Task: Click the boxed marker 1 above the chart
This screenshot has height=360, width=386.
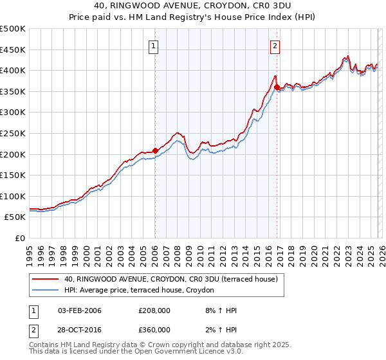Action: pos(154,46)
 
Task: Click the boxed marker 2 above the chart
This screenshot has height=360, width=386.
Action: pos(275,46)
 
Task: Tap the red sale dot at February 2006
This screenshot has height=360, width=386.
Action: pos(155,150)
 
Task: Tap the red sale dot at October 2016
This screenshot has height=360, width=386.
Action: pos(277,87)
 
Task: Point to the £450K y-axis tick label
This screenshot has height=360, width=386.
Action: pos(13,50)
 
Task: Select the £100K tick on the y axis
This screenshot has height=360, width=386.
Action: pos(13,196)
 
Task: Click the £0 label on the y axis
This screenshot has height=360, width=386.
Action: pos(19,238)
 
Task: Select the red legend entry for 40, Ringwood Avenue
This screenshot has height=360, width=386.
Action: pos(170,279)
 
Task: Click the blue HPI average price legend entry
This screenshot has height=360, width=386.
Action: pos(142,291)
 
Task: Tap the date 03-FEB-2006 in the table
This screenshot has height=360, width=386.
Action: pos(79,310)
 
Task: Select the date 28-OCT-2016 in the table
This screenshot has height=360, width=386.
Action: pos(79,330)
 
